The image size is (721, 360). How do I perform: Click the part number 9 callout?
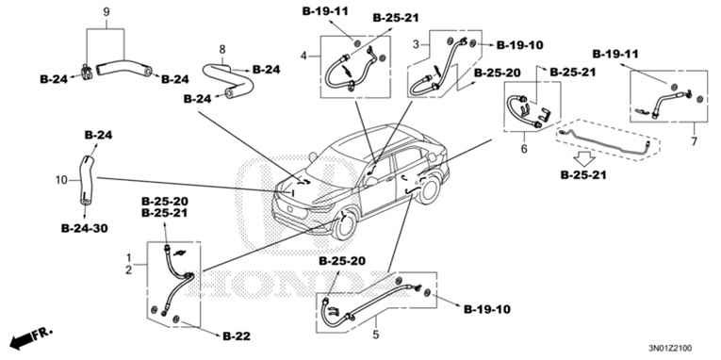click(x=107, y=12)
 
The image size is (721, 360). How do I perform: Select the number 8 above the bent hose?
click(x=222, y=49)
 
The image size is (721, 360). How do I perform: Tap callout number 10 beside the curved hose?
click(x=61, y=180)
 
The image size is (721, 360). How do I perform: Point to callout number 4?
click(x=303, y=57)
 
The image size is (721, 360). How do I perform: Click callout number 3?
click(x=416, y=44)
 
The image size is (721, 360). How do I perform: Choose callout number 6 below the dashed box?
click(x=524, y=149)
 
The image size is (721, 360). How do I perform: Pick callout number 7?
click(x=694, y=141)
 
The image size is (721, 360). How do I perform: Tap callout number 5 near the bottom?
click(x=376, y=335)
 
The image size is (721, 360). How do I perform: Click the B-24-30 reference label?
click(x=85, y=228)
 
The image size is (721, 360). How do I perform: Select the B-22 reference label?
click(x=237, y=336)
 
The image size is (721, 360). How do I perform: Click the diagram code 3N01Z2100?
click(x=670, y=348)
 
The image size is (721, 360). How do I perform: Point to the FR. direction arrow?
click(x=31, y=338)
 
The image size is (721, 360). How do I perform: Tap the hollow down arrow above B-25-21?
click(x=584, y=159)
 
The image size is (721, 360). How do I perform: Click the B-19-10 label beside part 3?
click(x=519, y=45)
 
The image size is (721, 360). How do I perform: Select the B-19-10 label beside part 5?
click(x=486, y=309)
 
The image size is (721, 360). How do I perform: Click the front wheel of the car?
click(x=345, y=225)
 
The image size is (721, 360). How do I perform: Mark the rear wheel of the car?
click(x=429, y=189)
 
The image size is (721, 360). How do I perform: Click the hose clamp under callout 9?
click(x=87, y=72)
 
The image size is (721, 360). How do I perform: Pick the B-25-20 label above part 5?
click(x=342, y=261)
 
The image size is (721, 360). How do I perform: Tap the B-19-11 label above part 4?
click(x=325, y=11)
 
